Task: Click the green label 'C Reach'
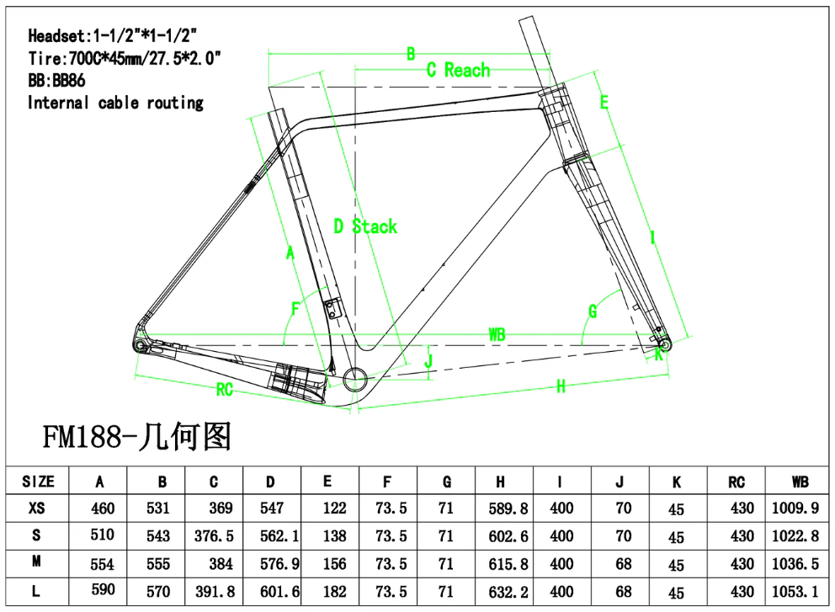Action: (457, 70)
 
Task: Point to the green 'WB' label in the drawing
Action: (497, 335)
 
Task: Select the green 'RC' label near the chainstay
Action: (224, 390)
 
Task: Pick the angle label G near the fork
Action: (593, 311)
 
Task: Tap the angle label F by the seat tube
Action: (295, 309)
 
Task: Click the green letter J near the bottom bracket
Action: (428, 361)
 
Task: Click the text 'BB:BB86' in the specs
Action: (56, 81)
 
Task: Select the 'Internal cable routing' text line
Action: (115, 103)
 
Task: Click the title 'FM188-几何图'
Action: (137, 438)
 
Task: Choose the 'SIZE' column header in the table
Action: (38, 482)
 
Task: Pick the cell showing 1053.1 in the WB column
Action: (795, 591)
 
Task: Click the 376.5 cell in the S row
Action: (214, 536)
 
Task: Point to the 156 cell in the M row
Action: (327, 564)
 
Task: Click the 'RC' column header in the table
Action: (737, 482)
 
